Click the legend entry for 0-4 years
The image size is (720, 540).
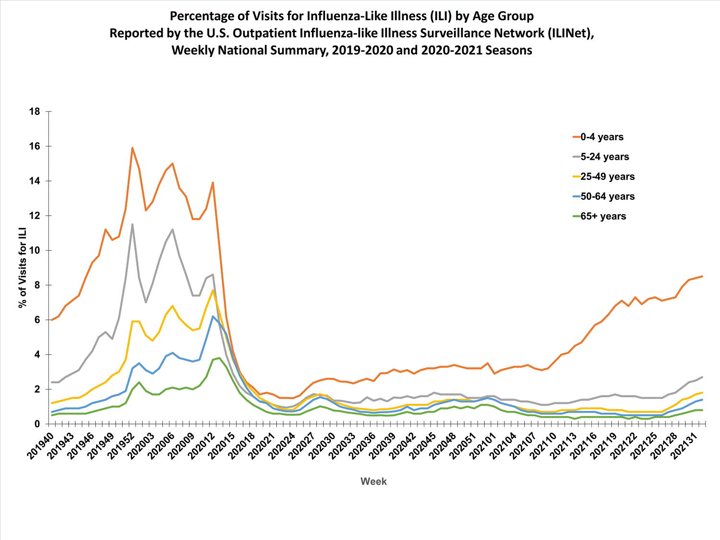602,137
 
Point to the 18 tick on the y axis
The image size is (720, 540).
35,111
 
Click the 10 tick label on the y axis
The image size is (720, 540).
35,251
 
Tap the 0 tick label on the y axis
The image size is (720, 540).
37,424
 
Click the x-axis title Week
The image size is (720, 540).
373,481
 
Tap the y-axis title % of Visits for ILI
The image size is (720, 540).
23,268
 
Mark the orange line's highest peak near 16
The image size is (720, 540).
132,148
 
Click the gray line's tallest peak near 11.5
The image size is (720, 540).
132,224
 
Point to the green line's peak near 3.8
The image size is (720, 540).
219,358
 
